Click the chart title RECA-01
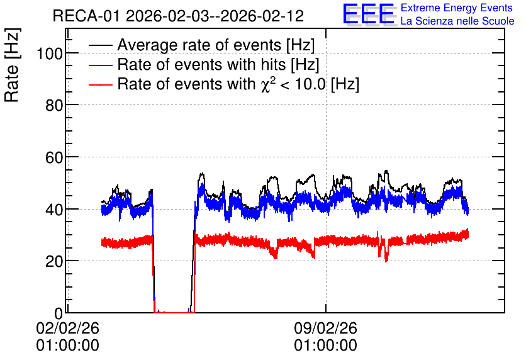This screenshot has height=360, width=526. [86, 16]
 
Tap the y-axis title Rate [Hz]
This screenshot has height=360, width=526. [12, 65]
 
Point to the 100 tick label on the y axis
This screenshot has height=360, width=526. [50, 53]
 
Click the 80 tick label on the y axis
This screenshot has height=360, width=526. [54, 105]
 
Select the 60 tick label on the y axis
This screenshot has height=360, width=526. [54, 157]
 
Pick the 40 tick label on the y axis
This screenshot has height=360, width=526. [54, 210]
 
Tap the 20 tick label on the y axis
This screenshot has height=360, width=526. [54, 261]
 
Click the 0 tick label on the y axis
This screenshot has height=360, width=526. [59, 313]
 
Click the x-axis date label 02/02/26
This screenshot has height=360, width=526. [68, 328]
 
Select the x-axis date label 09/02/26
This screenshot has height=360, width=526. [326, 328]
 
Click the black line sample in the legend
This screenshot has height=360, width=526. [101, 45]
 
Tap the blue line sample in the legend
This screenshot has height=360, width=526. [101, 65]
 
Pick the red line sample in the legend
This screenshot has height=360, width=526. [101, 84]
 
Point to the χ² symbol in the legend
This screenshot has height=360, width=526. [268, 84]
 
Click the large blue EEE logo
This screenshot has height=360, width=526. [369, 14]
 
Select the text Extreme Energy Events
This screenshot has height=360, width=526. [457, 8]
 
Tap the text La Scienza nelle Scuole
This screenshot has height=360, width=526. [457, 21]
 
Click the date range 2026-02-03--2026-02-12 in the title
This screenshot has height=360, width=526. [215, 16]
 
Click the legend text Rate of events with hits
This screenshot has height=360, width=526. [201, 64]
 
